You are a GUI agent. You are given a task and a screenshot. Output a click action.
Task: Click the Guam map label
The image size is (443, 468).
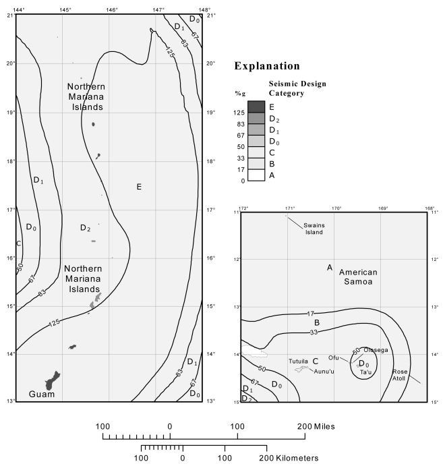coord(41,393)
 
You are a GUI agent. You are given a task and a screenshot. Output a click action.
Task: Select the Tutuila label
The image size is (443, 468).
coord(299,361)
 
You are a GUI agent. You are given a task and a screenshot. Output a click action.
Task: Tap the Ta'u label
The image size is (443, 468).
coord(365,372)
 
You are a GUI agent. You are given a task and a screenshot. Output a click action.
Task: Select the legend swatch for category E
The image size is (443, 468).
coord(256,106)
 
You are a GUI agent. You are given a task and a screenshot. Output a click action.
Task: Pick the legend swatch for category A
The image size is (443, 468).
coord(256,175)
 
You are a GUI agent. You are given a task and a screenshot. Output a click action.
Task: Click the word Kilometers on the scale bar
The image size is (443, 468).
coord(292,458)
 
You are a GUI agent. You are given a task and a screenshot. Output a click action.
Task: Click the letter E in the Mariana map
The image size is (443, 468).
coord(139,186)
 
